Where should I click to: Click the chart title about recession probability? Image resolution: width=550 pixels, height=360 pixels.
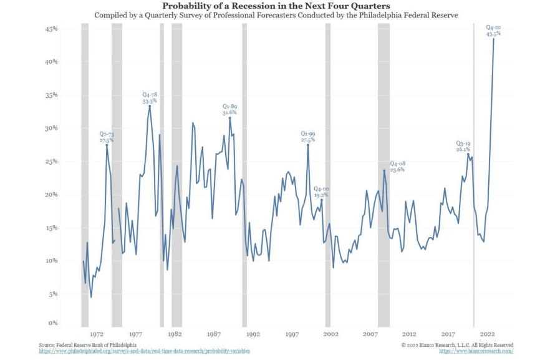pyautogui.click(x=275, y=6)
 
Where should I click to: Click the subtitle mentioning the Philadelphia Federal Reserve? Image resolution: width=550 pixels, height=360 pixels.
pyautogui.click(x=275, y=14)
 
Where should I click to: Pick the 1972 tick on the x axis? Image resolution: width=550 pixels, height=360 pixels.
pyautogui.click(x=97, y=334)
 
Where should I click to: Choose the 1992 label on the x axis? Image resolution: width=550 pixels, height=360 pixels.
pyautogui.click(x=253, y=334)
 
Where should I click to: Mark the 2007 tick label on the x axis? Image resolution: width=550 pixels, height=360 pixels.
pyautogui.click(x=370, y=334)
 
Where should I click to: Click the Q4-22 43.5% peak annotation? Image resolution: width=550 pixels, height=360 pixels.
pyautogui.click(x=493, y=30)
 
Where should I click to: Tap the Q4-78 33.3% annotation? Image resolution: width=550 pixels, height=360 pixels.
pyautogui.click(x=150, y=97)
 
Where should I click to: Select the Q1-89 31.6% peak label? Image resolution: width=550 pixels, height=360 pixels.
pyautogui.click(x=230, y=110)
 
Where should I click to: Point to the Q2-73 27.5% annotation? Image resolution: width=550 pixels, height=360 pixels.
pyautogui.click(x=107, y=137)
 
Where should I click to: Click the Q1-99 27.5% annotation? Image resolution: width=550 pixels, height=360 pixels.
pyautogui.click(x=308, y=137)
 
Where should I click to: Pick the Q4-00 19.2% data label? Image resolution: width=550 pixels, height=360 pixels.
pyautogui.click(x=321, y=192)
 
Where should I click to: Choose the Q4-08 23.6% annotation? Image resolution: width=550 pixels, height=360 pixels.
pyautogui.click(x=397, y=166)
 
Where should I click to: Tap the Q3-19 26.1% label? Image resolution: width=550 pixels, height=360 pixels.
pyautogui.click(x=463, y=147)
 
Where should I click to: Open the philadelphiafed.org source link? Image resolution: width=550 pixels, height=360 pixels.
pyautogui.click(x=144, y=351)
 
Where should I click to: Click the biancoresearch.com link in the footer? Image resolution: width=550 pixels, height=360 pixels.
pyautogui.click(x=476, y=351)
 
